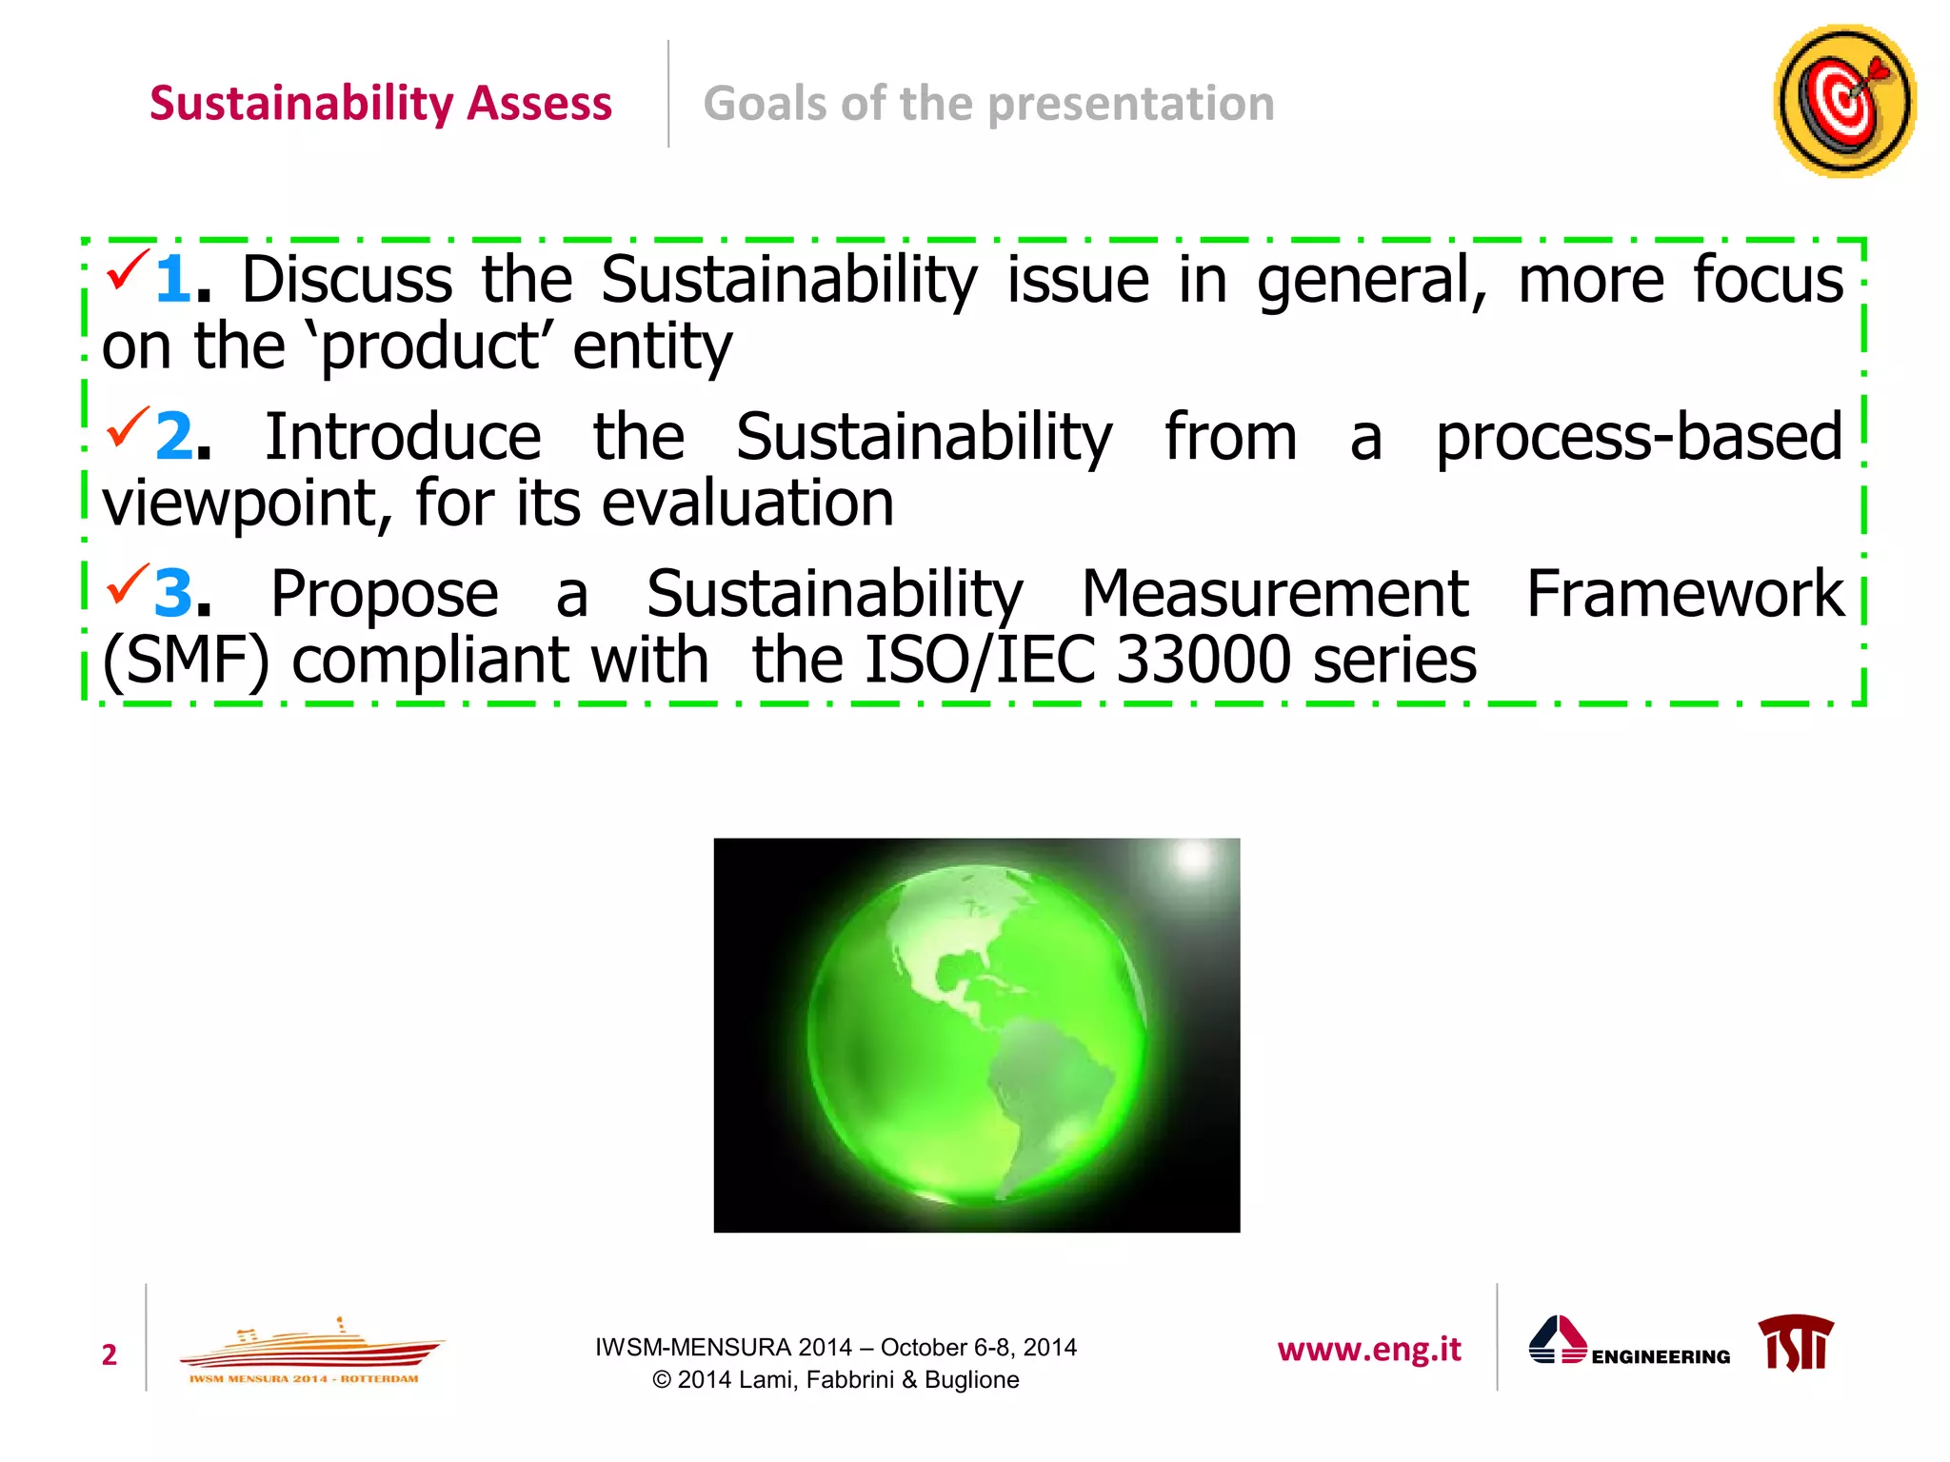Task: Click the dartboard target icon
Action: pos(1844,102)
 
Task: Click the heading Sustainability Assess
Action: pos(380,103)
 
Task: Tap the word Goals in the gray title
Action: pos(765,103)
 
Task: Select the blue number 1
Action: pos(173,280)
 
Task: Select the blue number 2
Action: pos(175,437)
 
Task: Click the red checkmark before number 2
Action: pos(128,427)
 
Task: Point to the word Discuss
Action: pos(347,280)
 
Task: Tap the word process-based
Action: pos(1639,437)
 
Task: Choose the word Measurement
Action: pos(1275,594)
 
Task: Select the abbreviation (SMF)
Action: pos(187,660)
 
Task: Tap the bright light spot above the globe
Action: pos(1193,858)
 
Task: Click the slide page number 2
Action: pos(109,1354)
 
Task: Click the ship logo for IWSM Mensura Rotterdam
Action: pos(309,1352)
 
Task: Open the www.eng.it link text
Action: pos(1369,1350)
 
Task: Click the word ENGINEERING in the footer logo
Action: pos(1661,1357)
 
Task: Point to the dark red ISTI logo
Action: pos(1796,1343)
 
